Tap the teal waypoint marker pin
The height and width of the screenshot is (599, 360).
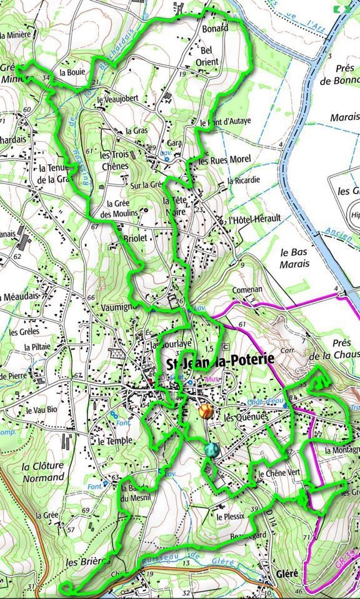[212, 449]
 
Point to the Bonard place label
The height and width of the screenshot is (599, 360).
[215, 29]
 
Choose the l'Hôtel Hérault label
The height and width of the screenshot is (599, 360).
[254, 219]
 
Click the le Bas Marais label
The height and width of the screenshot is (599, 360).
[294, 258]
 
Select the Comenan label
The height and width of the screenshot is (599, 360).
[247, 290]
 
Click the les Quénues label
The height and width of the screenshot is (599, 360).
[245, 418]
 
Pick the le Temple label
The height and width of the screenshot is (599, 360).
[115, 440]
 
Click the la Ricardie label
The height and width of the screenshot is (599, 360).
[243, 181]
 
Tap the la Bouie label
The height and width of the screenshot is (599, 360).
[72, 72]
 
